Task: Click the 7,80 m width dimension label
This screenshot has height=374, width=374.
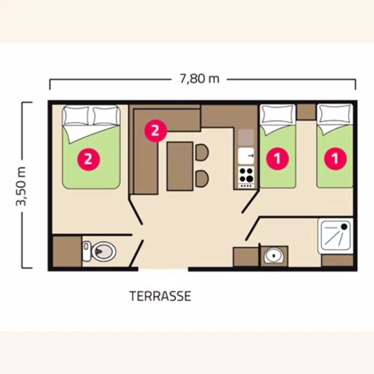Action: click(199, 79)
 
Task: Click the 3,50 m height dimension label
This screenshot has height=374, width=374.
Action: click(21, 186)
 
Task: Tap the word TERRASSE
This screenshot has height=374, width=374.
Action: click(160, 296)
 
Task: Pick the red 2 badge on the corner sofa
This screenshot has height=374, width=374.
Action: click(156, 131)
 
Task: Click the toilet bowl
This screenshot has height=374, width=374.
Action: click(103, 251)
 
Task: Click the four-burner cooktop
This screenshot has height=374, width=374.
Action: click(246, 177)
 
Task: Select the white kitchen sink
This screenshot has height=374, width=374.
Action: click(246, 156)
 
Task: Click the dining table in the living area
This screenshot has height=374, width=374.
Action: click(180, 166)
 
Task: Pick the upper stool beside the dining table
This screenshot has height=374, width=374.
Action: click(202, 152)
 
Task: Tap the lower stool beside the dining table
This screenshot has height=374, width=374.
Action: click(202, 179)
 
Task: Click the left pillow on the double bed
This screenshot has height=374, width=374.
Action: click(76, 116)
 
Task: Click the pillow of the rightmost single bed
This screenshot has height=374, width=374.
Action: click(335, 114)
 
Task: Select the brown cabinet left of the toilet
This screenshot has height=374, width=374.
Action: click(67, 251)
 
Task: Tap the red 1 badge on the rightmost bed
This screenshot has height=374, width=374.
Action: click(335, 159)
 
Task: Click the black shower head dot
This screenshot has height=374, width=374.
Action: click(344, 227)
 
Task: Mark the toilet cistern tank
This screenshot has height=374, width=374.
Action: click(86, 251)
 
